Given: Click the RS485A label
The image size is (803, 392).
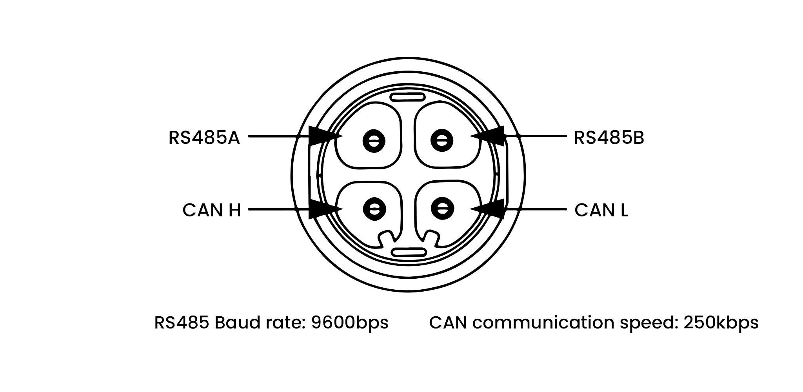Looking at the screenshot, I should (x=204, y=138).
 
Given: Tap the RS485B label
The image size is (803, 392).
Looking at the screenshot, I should (x=609, y=138).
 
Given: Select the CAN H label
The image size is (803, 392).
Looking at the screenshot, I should (x=211, y=211).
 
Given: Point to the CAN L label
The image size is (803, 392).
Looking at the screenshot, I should (x=601, y=211).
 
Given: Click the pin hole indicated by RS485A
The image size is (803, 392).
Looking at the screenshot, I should (x=374, y=140).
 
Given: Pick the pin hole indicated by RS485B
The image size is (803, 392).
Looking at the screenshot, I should (x=442, y=140).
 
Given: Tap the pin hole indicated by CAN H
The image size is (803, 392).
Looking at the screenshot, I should (x=374, y=208).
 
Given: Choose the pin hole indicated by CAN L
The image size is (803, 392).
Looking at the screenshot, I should (x=442, y=208).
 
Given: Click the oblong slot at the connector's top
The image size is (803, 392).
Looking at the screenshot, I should (x=408, y=97).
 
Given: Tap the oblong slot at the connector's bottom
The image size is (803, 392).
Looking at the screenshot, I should (x=409, y=252).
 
